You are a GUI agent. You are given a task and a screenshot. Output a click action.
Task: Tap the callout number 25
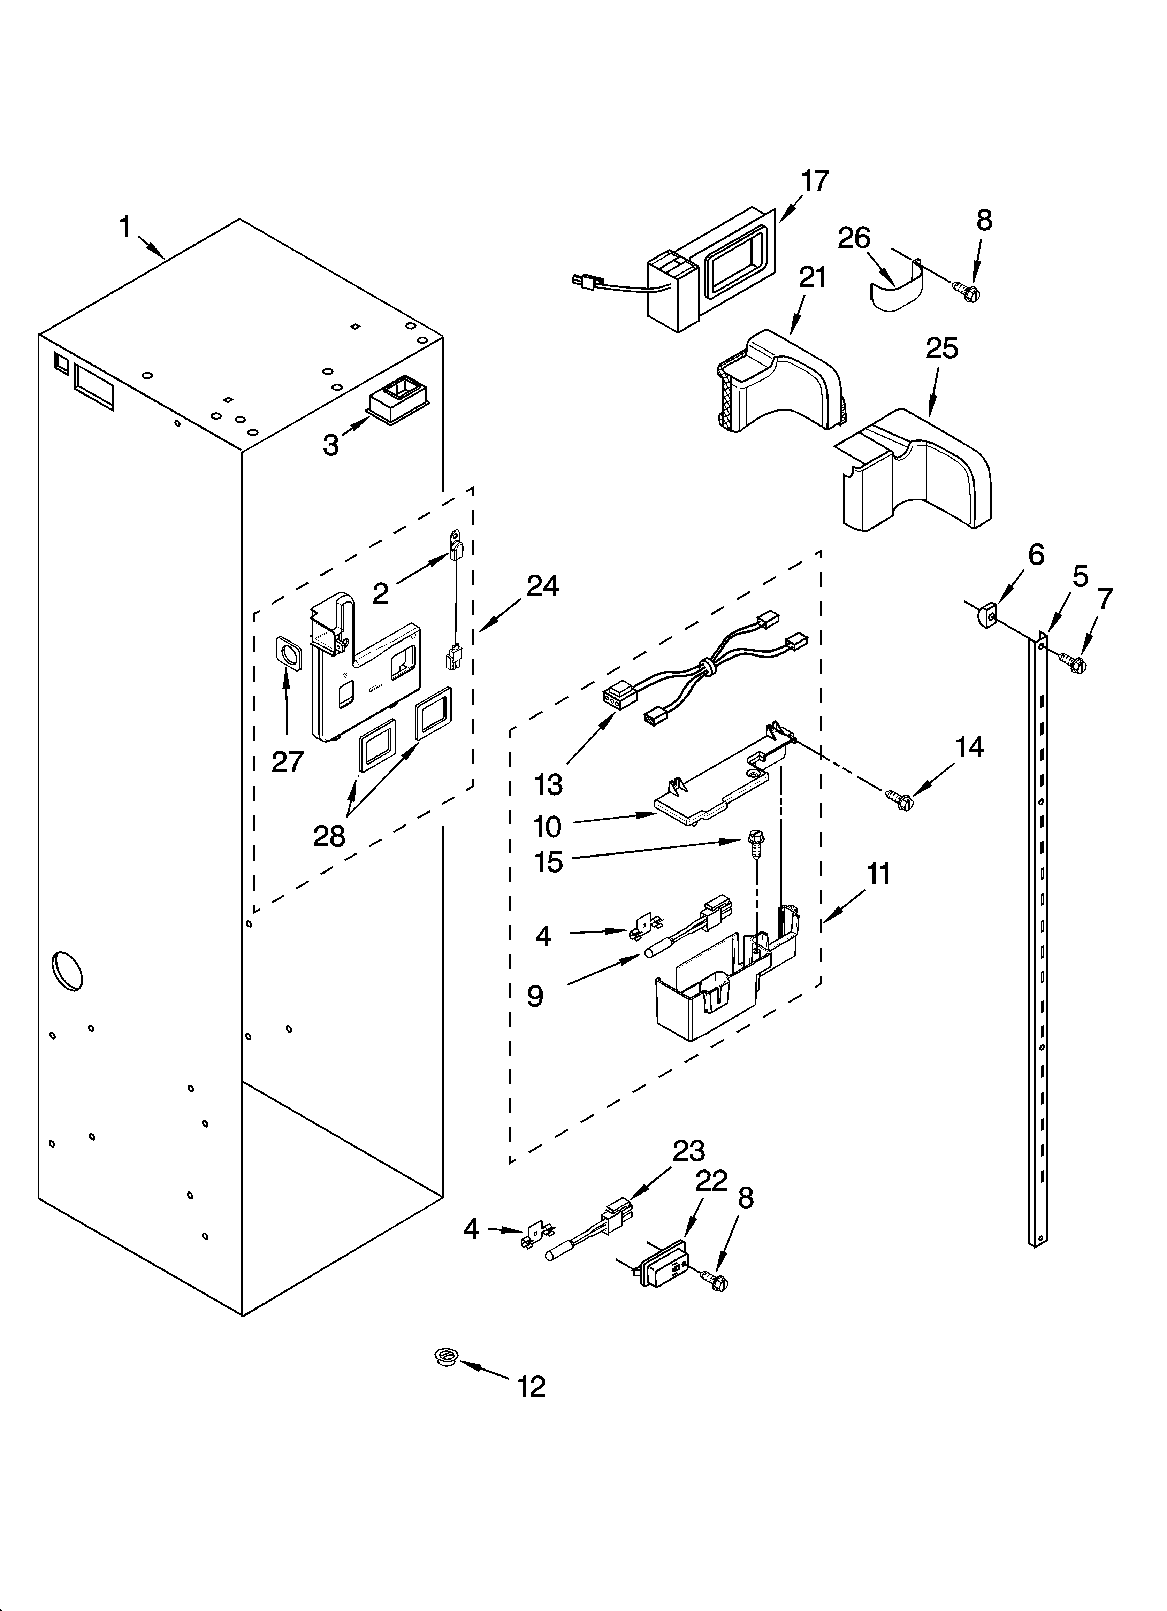[942, 348]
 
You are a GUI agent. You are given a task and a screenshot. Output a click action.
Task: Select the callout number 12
[532, 1386]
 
